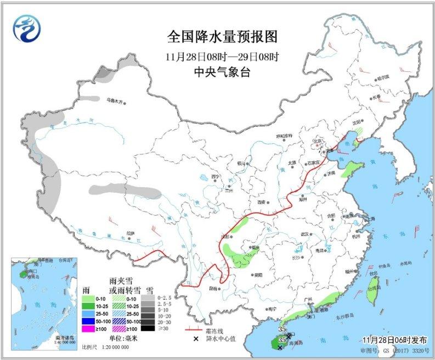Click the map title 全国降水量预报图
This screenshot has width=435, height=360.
[x=222, y=37]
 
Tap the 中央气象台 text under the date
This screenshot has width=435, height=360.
[x=222, y=72]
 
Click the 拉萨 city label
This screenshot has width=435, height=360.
[x=130, y=233]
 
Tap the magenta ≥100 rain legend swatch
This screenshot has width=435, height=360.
[x=87, y=328]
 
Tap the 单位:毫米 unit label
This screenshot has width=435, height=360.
[x=115, y=337]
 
